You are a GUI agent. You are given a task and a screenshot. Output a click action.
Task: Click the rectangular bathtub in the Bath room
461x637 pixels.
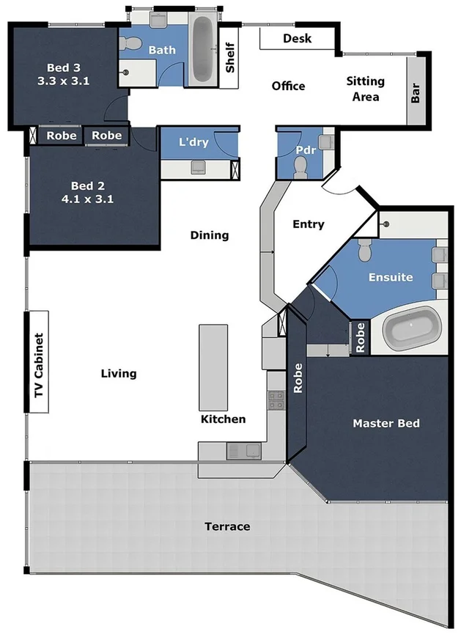coord(202,49)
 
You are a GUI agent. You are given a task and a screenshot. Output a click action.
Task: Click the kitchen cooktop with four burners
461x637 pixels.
coord(276,399)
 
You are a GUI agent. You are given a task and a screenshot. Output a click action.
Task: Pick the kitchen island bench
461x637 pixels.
coord(214,368)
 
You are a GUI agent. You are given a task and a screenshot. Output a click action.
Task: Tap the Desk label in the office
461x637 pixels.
coord(297,38)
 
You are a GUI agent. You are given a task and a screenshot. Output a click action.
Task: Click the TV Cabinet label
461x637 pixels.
coord(38,367)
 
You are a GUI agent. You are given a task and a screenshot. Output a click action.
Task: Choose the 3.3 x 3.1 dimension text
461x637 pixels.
coord(63,81)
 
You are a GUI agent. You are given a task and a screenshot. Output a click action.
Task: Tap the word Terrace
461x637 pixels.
coord(227,526)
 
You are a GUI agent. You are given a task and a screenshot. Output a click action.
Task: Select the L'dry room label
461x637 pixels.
coord(194,142)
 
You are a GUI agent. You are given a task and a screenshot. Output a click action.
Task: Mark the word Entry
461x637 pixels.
coord(308,224)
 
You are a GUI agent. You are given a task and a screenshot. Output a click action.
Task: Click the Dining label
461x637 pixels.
coord(210,235)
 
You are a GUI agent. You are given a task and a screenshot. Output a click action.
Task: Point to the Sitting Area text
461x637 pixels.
coord(365,89)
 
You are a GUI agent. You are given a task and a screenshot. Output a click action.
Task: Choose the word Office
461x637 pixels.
coord(288,86)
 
